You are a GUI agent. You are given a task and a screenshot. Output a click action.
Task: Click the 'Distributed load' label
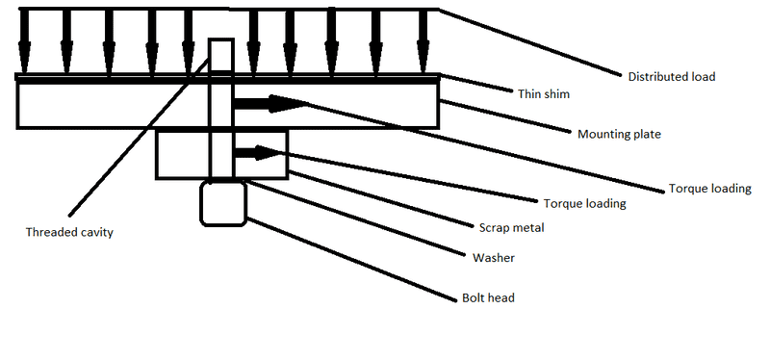(x=671, y=76)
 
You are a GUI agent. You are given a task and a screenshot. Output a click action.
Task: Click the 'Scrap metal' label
(x=511, y=228)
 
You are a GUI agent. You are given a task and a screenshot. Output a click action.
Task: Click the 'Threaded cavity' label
(x=69, y=232)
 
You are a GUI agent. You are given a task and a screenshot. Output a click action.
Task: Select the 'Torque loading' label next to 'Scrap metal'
(x=585, y=203)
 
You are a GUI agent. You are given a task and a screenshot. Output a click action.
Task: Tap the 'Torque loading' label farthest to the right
(x=709, y=189)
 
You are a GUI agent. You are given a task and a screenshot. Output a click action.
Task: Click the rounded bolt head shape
(x=223, y=204)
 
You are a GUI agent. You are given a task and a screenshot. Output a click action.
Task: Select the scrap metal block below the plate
(x=183, y=154)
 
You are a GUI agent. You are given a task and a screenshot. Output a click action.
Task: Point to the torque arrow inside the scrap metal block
(x=258, y=152)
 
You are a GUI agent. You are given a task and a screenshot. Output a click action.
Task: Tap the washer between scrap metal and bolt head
(x=223, y=180)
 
